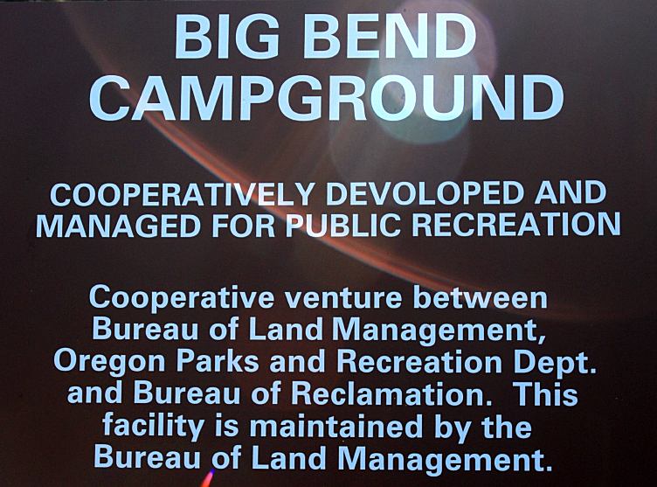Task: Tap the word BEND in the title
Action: pos(391,37)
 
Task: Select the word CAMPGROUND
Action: pos(327,97)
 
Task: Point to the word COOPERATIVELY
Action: pos(182,194)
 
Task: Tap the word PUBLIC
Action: pos(343,226)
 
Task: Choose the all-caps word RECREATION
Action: pos(516,226)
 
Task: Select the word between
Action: pos(481,297)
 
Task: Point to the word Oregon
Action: pos(109,363)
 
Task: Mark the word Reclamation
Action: pos(391,393)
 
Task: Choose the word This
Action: pos(546,393)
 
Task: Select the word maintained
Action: pos(335,426)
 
